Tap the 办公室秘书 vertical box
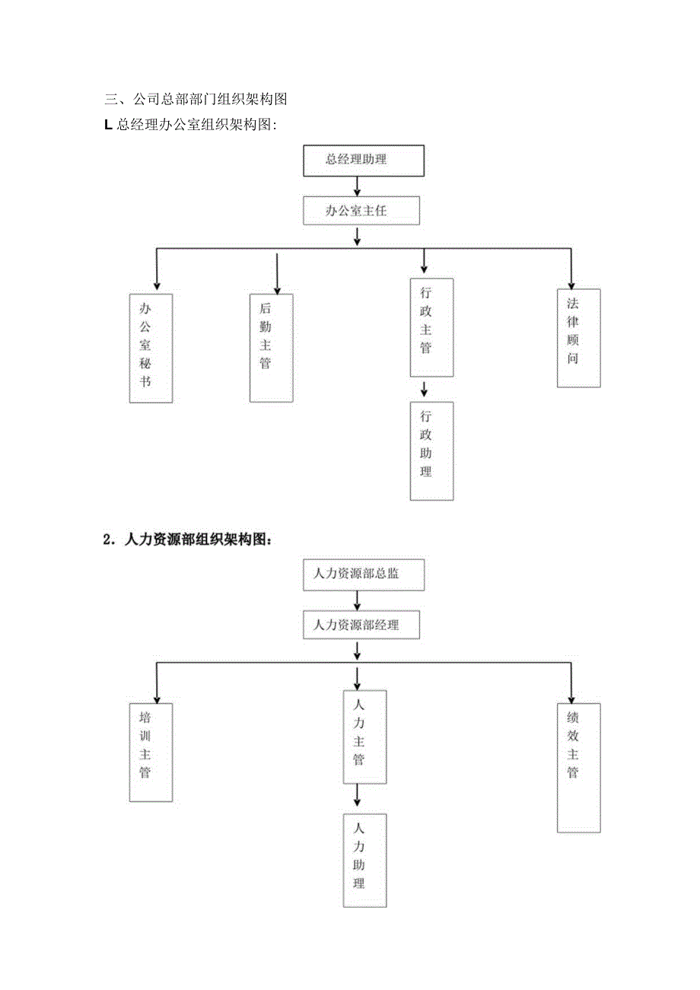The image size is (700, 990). tap(151, 348)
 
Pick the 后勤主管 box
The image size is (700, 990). tap(272, 348)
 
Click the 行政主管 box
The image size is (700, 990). tap(431, 327)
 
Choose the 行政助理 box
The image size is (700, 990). tap(431, 450)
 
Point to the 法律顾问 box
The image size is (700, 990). tap(578, 338)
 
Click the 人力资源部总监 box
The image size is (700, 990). tap(364, 575)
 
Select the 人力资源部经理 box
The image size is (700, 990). tap(361, 625)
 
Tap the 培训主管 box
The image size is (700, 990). tap(151, 752)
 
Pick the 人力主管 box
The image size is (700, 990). tap(364, 737)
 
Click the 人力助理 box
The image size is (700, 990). tap(364, 860)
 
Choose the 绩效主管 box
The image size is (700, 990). tap(578, 767)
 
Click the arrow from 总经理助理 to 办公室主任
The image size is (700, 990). tap(357, 186)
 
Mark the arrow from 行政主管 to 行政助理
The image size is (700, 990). tap(425, 389)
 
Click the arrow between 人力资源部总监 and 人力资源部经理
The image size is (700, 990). tap(357, 600)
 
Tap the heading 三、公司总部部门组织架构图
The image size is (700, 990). tap(196, 99)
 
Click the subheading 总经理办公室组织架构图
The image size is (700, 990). tap(190, 126)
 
